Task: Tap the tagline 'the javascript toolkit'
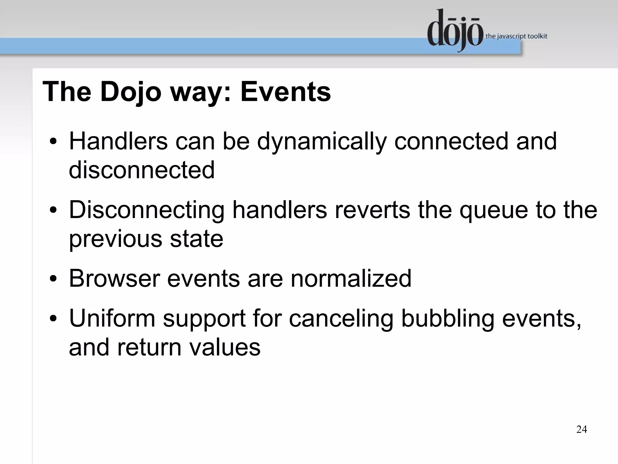516,36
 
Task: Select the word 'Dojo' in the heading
131,92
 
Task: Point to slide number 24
581,429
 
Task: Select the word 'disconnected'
142,170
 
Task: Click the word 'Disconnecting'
147,210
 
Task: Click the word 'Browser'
114,278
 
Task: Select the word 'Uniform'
112,318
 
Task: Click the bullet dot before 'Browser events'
53,279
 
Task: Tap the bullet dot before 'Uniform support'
53,319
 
